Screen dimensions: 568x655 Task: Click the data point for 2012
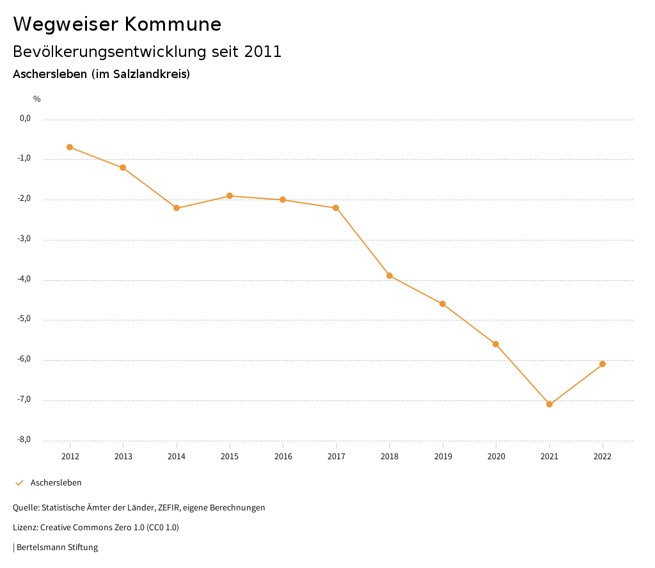tap(70, 147)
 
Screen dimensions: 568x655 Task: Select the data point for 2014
tap(177, 208)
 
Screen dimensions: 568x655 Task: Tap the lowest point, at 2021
tap(549, 404)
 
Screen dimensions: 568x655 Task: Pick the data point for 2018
tap(390, 276)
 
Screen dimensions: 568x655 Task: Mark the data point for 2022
tap(603, 364)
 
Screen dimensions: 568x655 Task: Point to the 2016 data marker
tap(283, 200)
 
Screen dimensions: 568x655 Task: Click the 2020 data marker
tap(496, 344)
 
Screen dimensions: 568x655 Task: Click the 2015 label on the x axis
tap(230, 456)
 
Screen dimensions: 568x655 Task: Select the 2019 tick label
tap(443, 456)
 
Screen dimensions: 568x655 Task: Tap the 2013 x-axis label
tap(123, 456)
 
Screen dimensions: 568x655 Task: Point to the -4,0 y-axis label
tap(25, 279)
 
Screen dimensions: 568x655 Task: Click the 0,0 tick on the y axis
tap(26, 118)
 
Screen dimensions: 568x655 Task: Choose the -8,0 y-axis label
tap(25, 439)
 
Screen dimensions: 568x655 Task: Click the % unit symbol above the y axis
tap(37, 99)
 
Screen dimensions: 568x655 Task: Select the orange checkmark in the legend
tap(19, 483)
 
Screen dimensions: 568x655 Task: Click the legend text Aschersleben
tap(56, 483)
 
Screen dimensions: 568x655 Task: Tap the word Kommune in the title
tap(173, 24)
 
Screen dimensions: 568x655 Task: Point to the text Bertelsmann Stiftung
tap(57, 548)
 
